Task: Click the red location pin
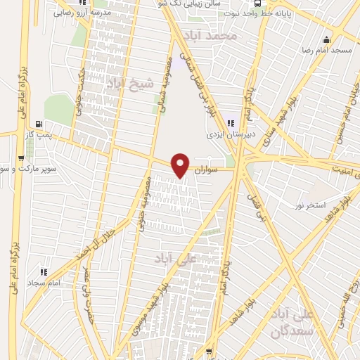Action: tap(181, 165)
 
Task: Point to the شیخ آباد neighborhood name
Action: tap(124, 84)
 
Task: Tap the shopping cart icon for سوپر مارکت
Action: tap(19, 158)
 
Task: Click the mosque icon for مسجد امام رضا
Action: tap(326, 39)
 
